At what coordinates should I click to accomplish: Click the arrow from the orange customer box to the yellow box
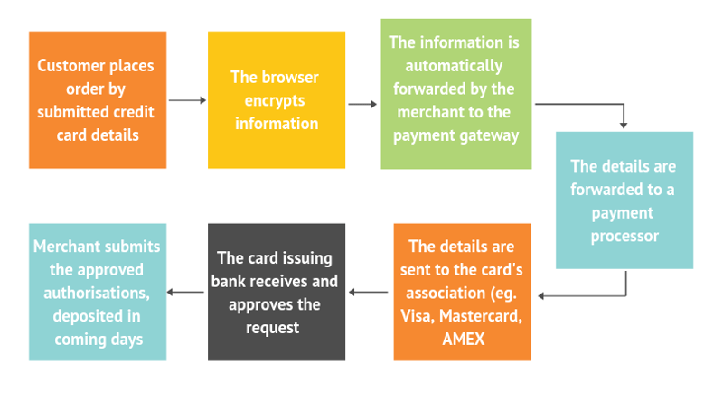point(188,100)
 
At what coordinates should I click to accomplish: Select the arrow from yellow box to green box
point(362,104)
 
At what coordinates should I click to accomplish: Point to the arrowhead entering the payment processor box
point(624,125)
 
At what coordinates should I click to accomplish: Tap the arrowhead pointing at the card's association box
point(540,296)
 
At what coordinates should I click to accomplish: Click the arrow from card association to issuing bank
point(369,293)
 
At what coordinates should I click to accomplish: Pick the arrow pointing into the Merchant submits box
point(185,293)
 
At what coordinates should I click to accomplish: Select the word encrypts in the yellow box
point(275,101)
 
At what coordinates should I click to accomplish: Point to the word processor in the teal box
point(624,236)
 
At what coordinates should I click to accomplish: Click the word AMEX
point(464,340)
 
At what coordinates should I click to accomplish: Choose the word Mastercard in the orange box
point(481,316)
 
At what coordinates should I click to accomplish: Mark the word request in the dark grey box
point(273,328)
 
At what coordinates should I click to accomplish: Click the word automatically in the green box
point(454,66)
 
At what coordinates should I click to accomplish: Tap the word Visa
point(418,316)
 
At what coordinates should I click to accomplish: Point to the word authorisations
point(97,293)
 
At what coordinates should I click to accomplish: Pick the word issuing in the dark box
point(306,258)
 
